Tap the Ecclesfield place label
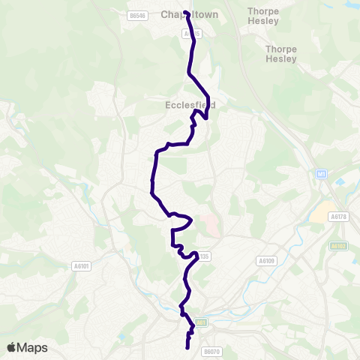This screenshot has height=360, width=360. [x=190, y=106]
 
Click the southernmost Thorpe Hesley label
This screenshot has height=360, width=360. [x=281, y=53]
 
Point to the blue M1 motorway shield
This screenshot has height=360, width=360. [x=322, y=174]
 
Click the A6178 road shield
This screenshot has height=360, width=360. [x=340, y=216]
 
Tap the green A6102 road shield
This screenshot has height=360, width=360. [x=339, y=244]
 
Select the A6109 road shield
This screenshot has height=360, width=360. [x=266, y=261]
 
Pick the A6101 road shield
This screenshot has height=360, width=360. [x=81, y=265]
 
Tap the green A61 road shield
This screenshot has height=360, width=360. [x=200, y=322]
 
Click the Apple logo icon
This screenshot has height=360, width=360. [x=12, y=347]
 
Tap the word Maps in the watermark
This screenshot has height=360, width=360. [x=32, y=347]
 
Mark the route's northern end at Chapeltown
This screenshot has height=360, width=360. [x=185, y=12]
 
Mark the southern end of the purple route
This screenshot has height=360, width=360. [x=187, y=347]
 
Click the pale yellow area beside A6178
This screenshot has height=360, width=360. [x=320, y=215]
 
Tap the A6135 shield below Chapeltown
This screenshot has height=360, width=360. [x=192, y=34]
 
